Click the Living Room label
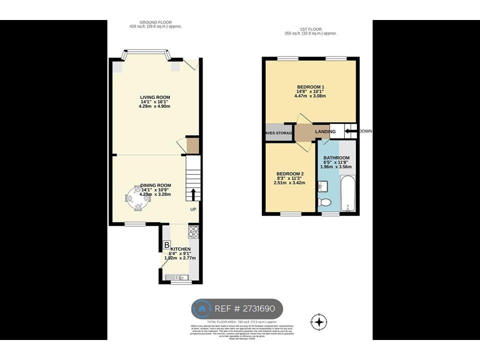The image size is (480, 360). pyautogui.click(x=155, y=97)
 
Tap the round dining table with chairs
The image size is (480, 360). pyautogui.click(x=136, y=197)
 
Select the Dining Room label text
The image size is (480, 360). pyautogui.click(x=155, y=185)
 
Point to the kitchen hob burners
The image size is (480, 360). pyautogui.click(x=193, y=231)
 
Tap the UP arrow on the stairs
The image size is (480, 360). pyautogui.click(x=192, y=194)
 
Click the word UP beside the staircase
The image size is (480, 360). pyautogui.click(x=192, y=209)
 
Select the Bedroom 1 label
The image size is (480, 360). pyautogui.click(x=310, y=87)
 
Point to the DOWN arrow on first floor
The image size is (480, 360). pyautogui.click(x=351, y=131)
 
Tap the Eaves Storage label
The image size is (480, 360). pyautogui.click(x=279, y=133)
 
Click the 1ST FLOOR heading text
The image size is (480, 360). pyautogui.click(x=310, y=29)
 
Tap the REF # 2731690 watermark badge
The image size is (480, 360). pyautogui.click(x=237, y=308)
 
